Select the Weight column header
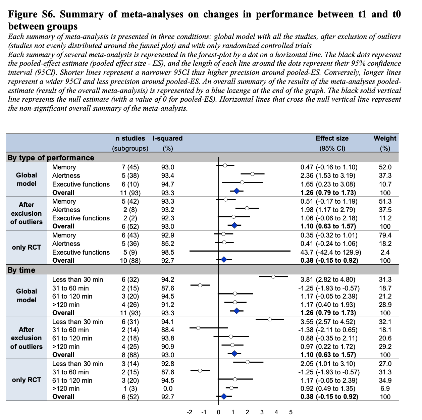point(385,138)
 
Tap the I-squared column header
point(168,138)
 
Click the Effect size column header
point(332,138)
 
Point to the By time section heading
point(21,270)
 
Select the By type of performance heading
point(51,158)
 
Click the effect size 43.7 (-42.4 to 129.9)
point(330,252)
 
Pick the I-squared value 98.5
point(168,252)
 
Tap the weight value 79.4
point(385,235)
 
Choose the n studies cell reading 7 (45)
point(130,167)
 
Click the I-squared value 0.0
point(168,388)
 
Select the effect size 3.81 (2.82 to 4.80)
point(328,279)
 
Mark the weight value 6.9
point(385,388)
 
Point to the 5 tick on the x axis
point(291,412)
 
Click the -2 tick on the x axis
point(189,412)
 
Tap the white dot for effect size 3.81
point(273,276)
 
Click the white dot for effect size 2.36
point(253,174)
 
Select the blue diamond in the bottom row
point(224,397)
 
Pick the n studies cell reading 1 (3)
point(130,388)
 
